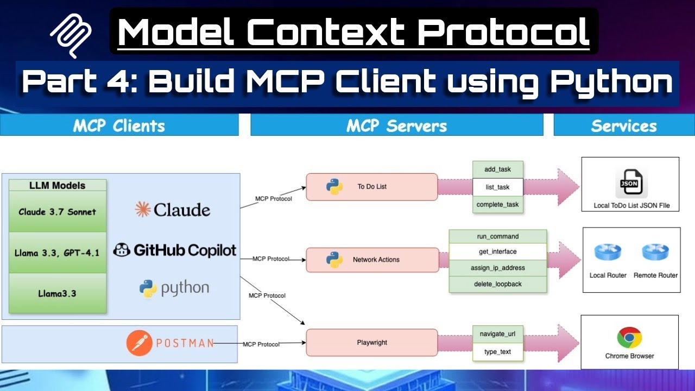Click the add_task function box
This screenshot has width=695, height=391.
(497, 169)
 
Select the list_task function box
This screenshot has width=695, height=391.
(497, 187)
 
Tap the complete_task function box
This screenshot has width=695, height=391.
(497, 205)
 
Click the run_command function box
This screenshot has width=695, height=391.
(497, 237)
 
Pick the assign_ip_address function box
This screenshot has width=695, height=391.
(497, 268)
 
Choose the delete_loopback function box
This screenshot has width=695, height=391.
(497, 284)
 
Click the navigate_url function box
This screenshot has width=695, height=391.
(497, 333)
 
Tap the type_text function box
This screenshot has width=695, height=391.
(497, 352)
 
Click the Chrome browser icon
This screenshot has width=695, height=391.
(629, 337)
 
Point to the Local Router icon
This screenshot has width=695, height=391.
(608, 253)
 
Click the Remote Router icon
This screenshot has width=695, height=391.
(655, 253)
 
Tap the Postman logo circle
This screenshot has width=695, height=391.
(139, 343)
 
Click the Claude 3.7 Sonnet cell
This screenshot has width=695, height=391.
(58, 212)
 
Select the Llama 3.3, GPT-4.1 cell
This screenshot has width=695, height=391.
(58, 253)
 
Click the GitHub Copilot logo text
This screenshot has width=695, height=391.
(175, 250)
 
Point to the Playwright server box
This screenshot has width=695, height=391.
(371, 343)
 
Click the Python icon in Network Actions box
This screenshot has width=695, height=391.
(334, 260)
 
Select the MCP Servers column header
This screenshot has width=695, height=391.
(396, 126)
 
